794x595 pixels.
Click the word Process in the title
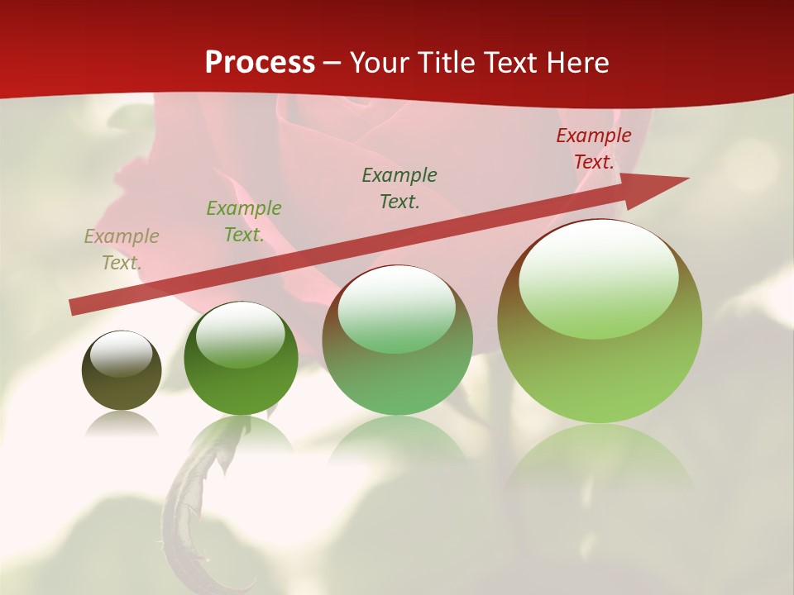260,62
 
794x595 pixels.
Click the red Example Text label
594,149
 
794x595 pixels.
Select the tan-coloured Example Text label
122,249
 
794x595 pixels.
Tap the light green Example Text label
244,221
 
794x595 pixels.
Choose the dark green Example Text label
399,188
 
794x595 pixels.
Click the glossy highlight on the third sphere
397,310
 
